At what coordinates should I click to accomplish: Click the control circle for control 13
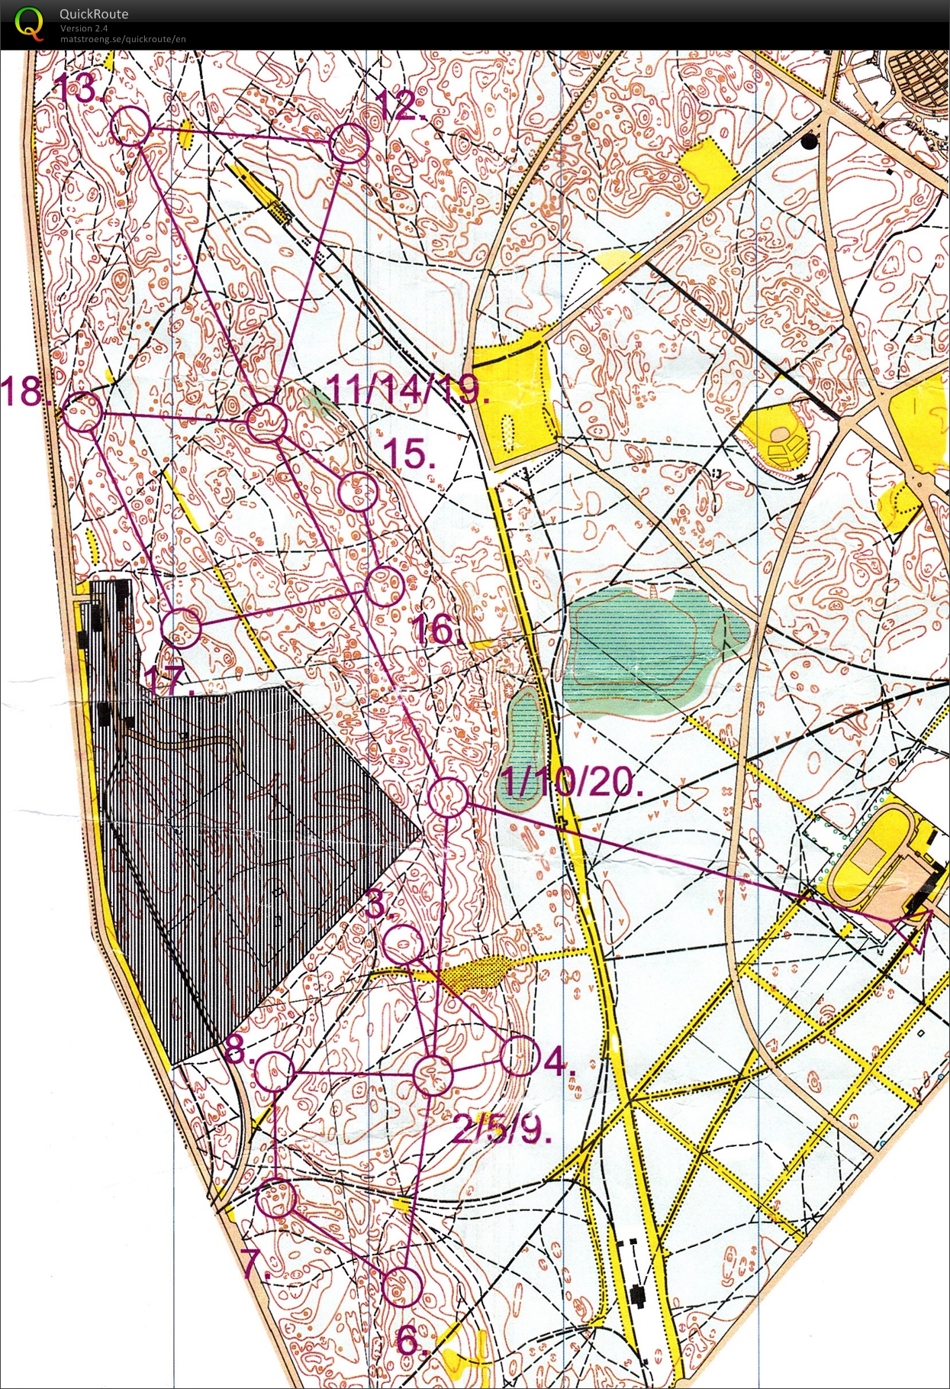pos(131,126)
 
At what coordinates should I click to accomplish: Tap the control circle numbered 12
pos(350,143)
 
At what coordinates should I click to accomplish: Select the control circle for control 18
pos(82,412)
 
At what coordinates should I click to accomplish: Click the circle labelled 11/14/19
pos(266,422)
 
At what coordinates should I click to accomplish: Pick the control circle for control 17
pos(182,627)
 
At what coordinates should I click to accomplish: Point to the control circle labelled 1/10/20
pos(448,798)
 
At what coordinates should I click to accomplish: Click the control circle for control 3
pos(402,945)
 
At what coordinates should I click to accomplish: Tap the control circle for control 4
pos(520,1057)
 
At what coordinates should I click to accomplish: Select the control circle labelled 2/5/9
pos(433,1075)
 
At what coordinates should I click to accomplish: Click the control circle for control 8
pos(274,1072)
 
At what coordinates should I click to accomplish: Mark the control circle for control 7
pos(276,1199)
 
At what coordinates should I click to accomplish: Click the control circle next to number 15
pos(358,493)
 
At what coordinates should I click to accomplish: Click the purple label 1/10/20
pos(573,782)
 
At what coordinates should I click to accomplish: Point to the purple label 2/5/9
pos(501,1129)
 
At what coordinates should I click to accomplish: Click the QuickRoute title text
pos(94,14)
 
